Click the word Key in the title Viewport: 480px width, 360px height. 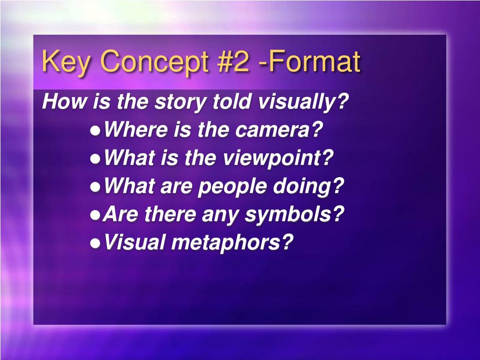65,62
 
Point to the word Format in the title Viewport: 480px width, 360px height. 315,61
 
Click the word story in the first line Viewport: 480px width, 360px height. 179,102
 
